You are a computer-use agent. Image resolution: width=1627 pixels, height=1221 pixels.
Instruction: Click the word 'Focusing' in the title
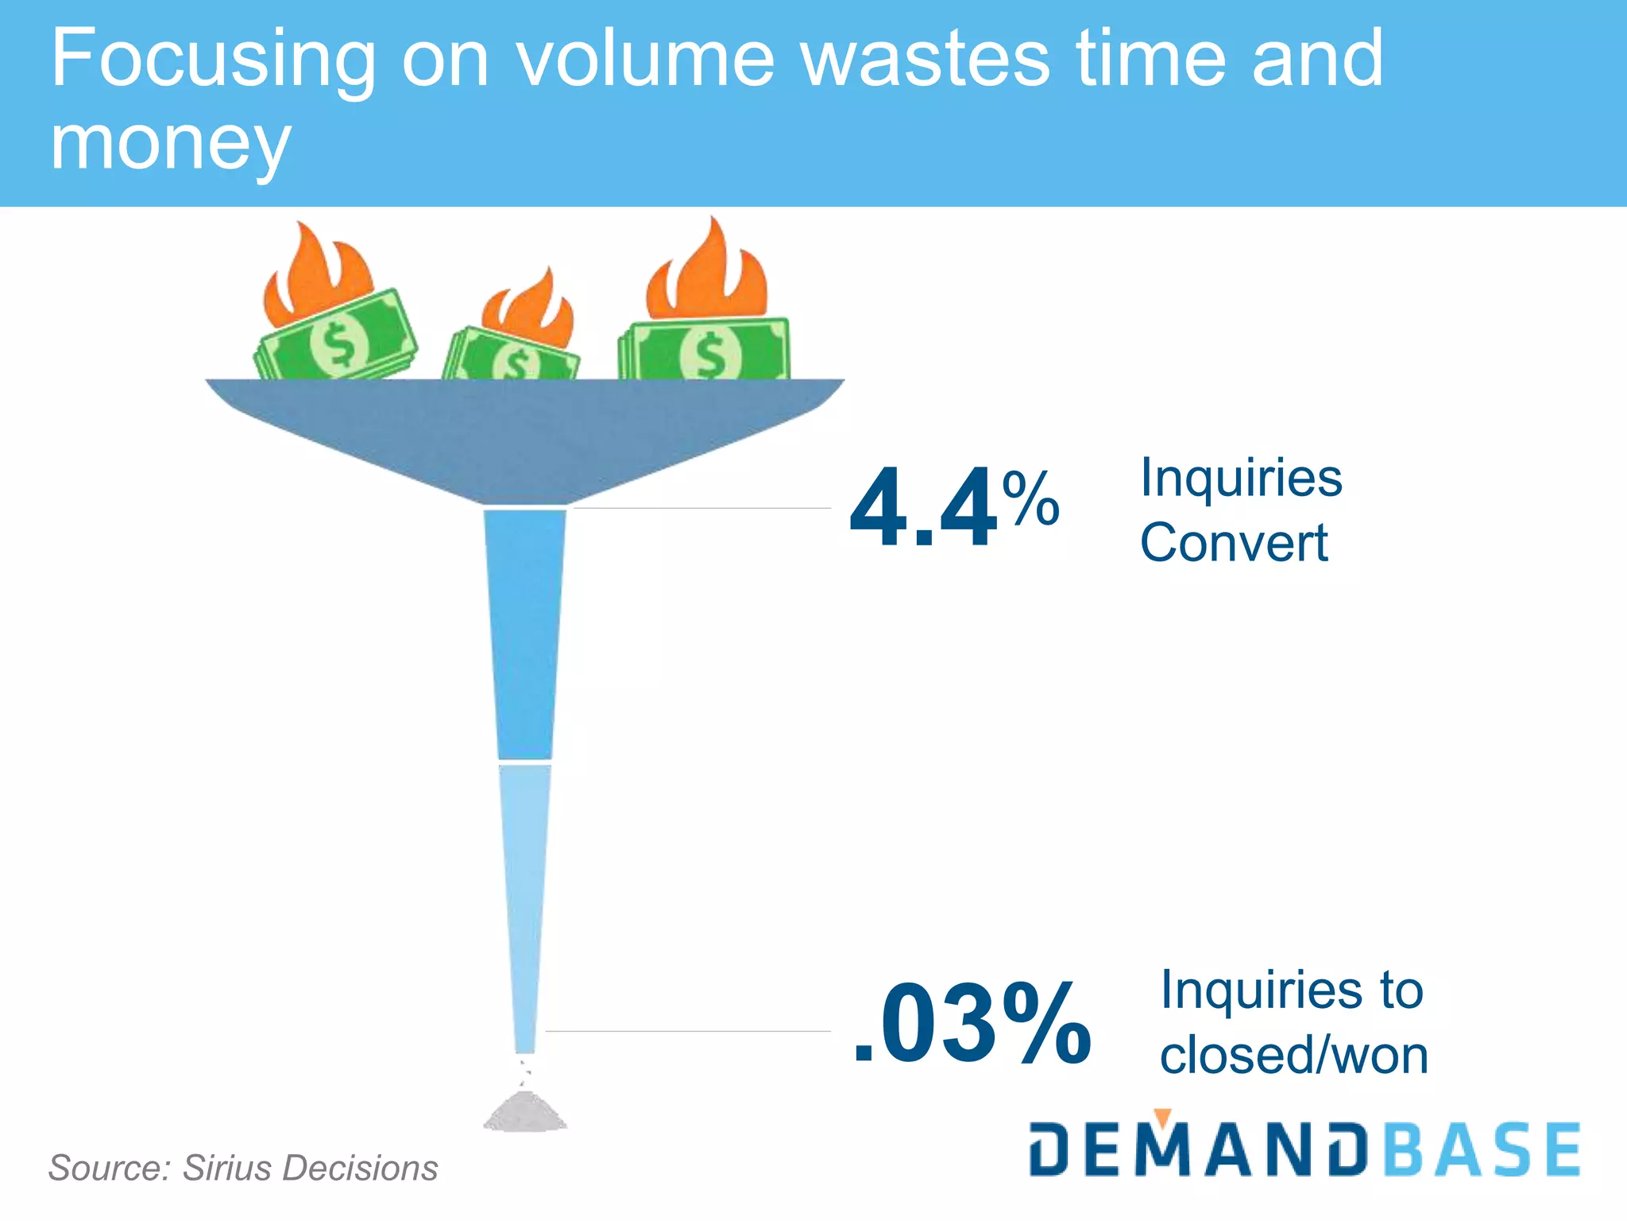tap(213, 60)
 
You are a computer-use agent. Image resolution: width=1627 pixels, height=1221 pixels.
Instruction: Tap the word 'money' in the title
tap(170, 143)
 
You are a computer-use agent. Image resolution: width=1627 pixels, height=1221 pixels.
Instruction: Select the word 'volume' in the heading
tap(645, 59)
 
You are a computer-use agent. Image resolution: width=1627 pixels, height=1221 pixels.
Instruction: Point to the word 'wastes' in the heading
tap(926, 59)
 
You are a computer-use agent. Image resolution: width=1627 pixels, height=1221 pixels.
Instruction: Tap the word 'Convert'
tap(1234, 543)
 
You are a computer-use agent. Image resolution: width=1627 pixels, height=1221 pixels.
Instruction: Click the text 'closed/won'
tap(1294, 1055)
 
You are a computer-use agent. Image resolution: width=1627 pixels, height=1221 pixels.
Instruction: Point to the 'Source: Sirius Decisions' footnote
tap(243, 1168)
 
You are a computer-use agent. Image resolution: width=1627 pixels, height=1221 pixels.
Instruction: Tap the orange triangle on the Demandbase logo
tap(1163, 1116)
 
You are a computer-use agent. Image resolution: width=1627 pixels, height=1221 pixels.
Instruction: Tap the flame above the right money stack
tap(707, 270)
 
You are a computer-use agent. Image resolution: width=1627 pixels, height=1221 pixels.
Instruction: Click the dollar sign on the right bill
tap(709, 354)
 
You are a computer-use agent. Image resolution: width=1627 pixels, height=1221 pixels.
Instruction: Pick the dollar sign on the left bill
tap(340, 344)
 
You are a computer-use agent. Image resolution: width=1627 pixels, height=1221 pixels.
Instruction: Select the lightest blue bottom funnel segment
tap(524, 898)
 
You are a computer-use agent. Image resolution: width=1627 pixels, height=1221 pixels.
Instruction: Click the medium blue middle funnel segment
tap(525, 632)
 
